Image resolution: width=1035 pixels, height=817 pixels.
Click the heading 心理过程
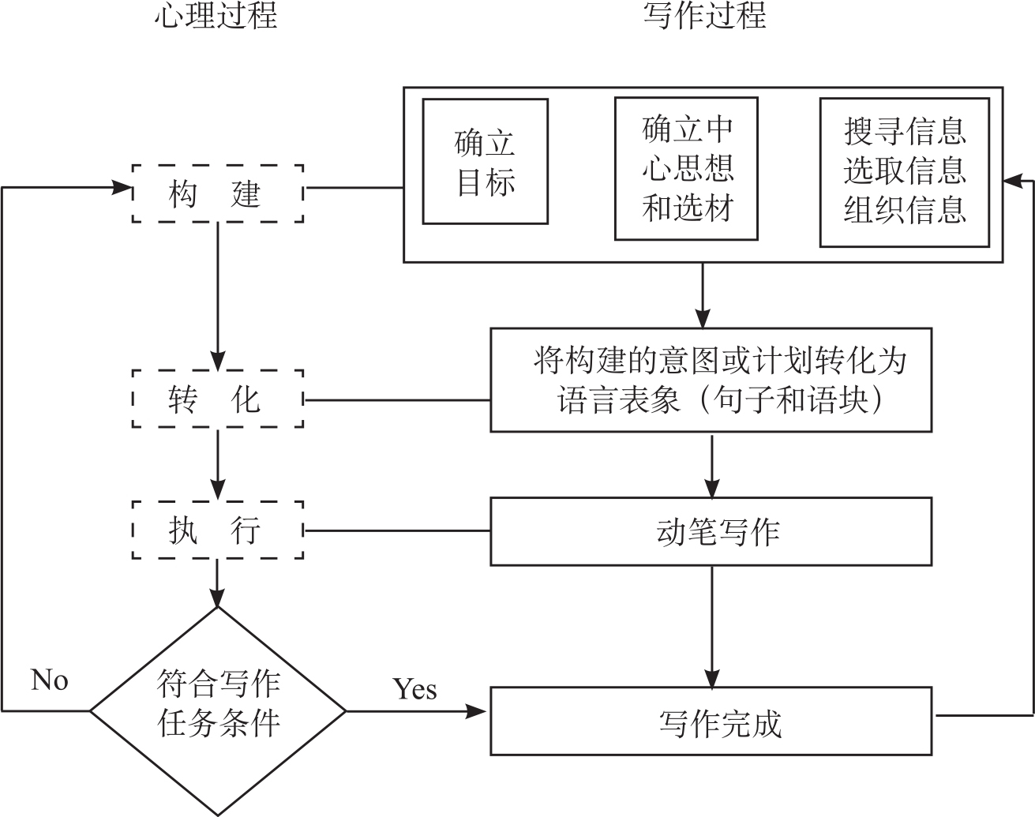[216, 17]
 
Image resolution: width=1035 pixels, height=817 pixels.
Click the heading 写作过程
[704, 17]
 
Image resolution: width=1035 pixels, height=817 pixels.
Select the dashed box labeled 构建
[217, 193]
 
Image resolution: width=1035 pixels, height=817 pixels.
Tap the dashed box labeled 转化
[217, 399]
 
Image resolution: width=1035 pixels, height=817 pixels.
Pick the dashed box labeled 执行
[217, 530]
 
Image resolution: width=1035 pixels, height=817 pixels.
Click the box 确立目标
[485, 162]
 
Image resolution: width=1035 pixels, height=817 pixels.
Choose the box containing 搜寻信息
[904, 172]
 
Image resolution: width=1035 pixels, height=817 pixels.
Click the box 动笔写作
[711, 531]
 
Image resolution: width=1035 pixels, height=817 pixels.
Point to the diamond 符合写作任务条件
[218, 710]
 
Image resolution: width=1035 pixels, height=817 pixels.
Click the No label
[50, 680]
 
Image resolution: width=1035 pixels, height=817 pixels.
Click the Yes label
[414, 688]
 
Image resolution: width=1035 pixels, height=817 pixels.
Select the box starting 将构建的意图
[711, 380]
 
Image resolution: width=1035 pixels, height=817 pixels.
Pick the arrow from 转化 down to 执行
[217, 466]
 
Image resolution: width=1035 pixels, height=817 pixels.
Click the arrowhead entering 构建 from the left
[121, 187]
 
